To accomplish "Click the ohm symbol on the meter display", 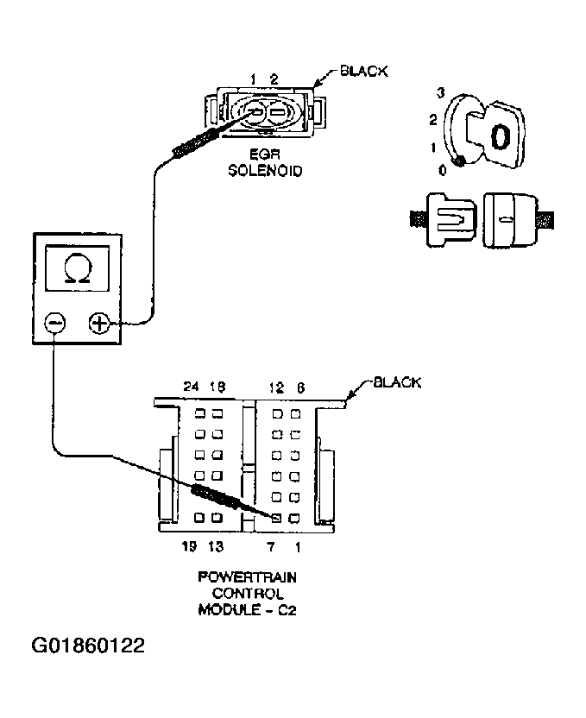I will click(x=76, y=268).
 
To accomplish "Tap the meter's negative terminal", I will click(x=54, y=323).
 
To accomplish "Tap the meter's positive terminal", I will click(x=100, y=324).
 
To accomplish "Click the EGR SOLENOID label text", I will click(x=265, y=164).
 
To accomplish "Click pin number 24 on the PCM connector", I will click(x=192, y=387).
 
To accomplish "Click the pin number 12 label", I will click(x=276, y=387).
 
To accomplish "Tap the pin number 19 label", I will click(x=190, y=545).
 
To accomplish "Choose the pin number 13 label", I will click(x=216, y=545).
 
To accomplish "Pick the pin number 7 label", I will click(x=270, y=545).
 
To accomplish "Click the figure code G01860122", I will click(x=88, y=646).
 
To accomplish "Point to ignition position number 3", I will click(x=440, y=91).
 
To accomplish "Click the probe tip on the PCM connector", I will click(x=275, y=518).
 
